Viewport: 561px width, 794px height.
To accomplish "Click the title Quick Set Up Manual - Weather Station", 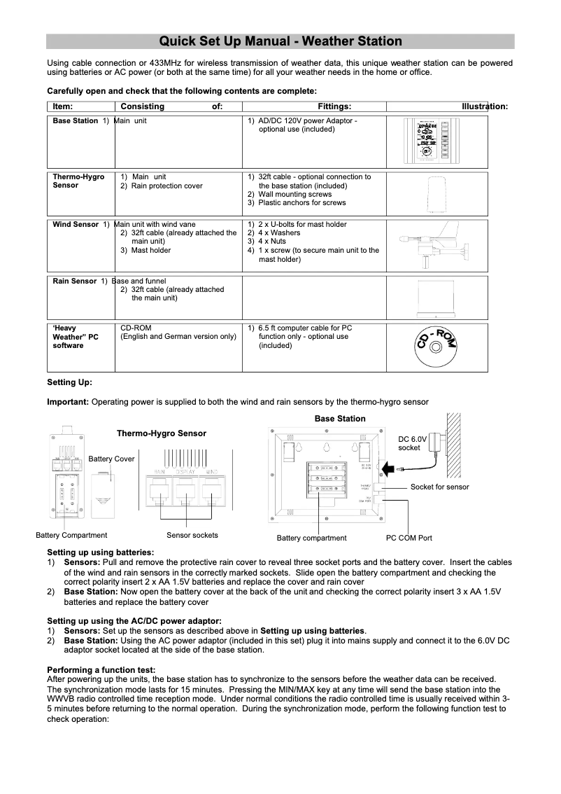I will [x=280, y=41].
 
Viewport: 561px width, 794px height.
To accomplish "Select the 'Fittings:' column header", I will [x=334, y=106].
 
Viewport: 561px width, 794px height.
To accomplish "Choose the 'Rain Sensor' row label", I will [x=75, y=281].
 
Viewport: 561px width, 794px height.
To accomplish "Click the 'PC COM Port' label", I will [x=409, y=538].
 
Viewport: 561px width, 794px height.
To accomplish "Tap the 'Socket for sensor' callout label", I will [x=439, y=487].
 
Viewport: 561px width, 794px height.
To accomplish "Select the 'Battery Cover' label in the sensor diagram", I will [x=111, y=459].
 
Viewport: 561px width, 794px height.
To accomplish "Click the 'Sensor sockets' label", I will [x=192, y=535].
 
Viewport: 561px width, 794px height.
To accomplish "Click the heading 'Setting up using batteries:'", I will [x=100, y=552].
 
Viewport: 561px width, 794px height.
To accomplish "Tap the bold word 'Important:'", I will [x=67, y=402].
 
